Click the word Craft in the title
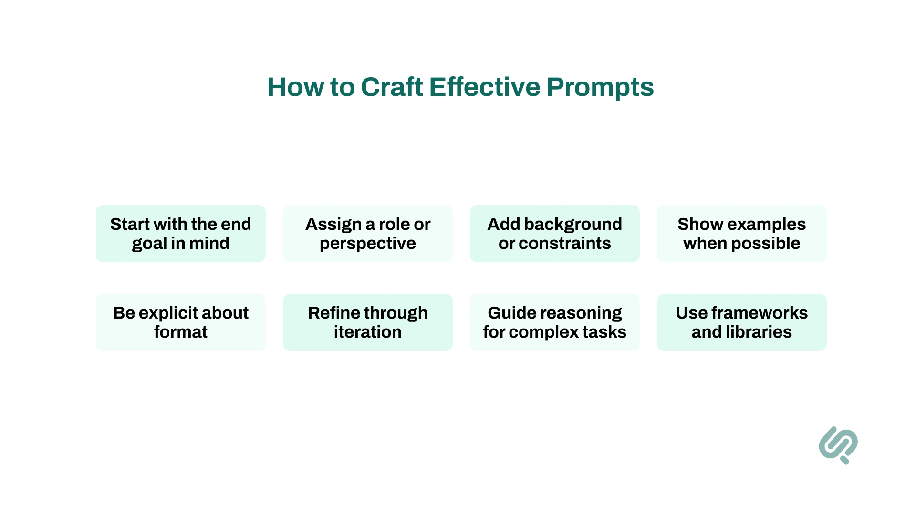tap(392, 87)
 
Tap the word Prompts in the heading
tap(600, 87)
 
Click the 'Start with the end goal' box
tap(180, 234)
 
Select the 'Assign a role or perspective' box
tap(367, 234)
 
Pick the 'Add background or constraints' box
tap(554, 234)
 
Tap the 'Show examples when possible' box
tap(741, 234)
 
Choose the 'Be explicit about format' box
tap(180, 322)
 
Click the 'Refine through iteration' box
tap(367, 322)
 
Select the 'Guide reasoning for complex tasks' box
tap(554, 322)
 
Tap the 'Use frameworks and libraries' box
tap(741, 322)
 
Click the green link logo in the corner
tap(838, 445)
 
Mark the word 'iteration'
tap(367, 332)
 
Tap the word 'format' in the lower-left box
tap(180, 332)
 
